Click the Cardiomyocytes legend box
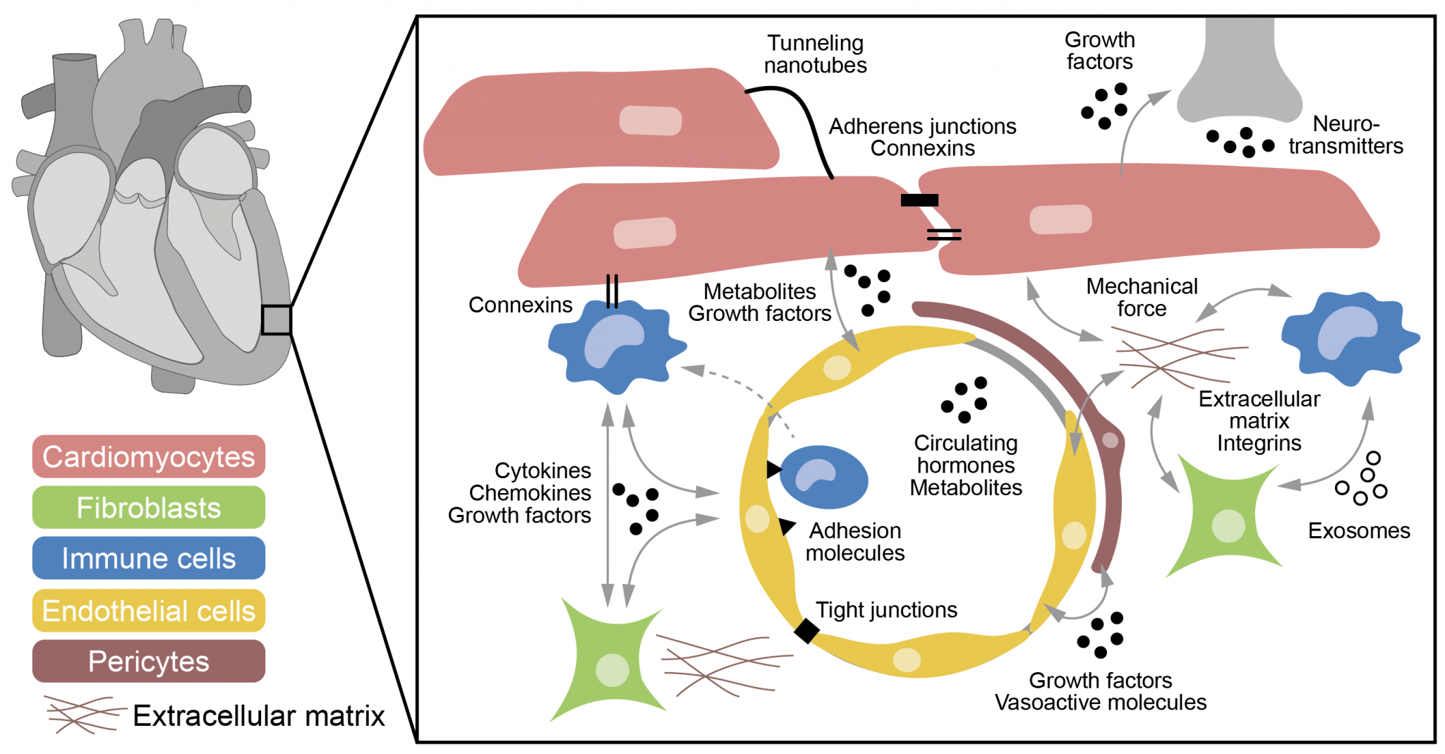(x=148, y=456)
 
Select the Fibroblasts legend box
(x=148, y=507)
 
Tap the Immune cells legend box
(x=148, y=558)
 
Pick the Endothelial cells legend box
(x=148, y=610)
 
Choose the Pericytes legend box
(x=148, y=661)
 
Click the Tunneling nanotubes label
(x=815, y=54)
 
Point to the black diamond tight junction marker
(x=806, y=630)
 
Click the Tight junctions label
(x=886, y=609)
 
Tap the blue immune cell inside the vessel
(x=823, y=477)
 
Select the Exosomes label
(x=1358, y=530)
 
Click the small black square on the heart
(x=276, y=320)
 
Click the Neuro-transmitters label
(x=1346, y=135)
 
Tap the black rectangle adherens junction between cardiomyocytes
(x=919, y=200)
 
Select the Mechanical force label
(x=1142, y=297)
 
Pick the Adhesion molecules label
(x=855, y=542)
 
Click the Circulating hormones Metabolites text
(x=965, y=465)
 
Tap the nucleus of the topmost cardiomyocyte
(x=650, y=121)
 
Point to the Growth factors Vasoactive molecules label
(x=1100, y=691)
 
